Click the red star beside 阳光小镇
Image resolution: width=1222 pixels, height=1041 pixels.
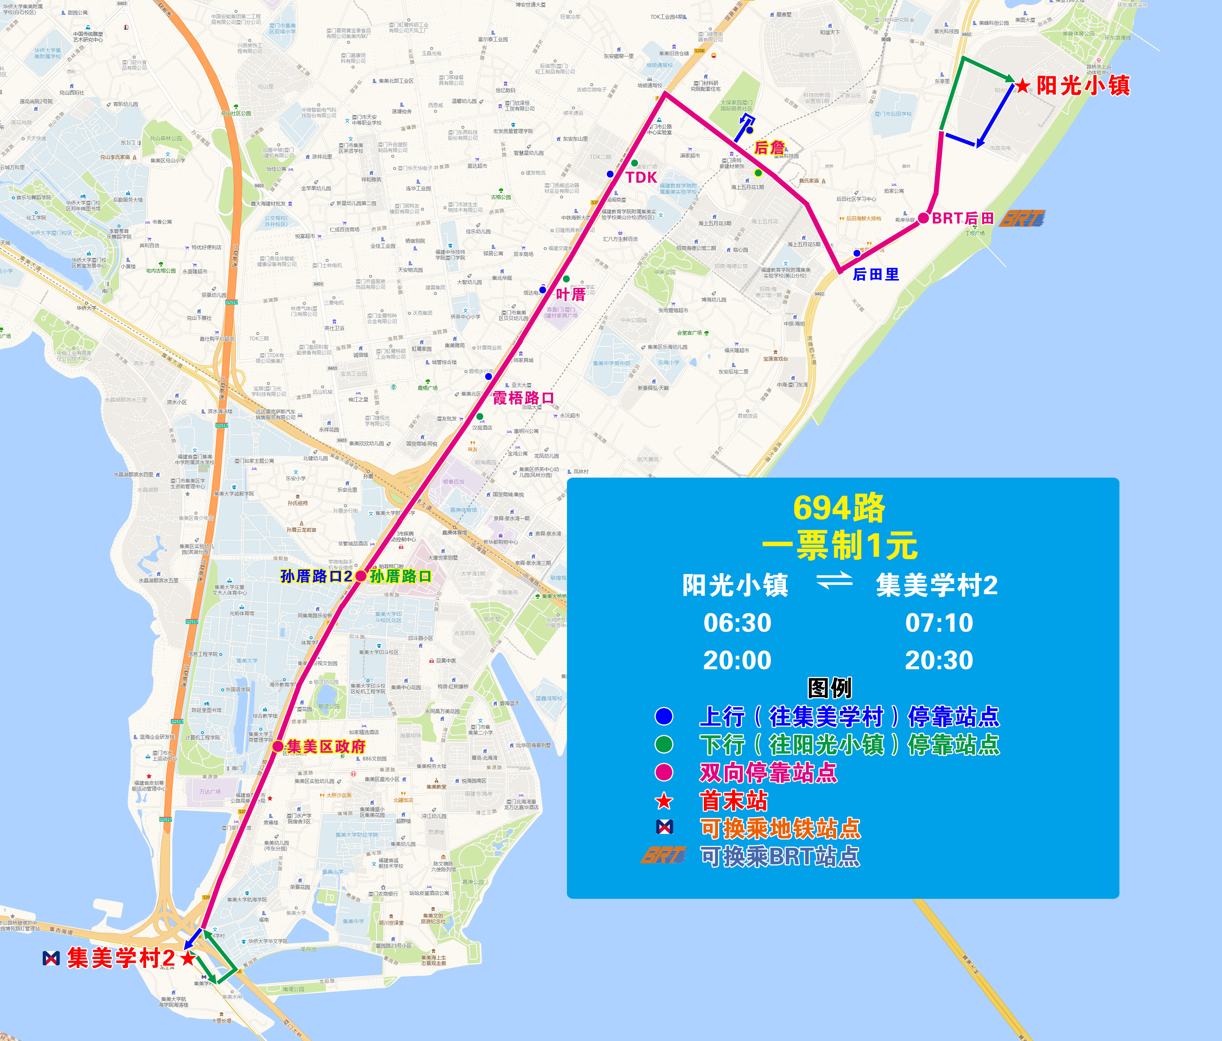point(1022,87)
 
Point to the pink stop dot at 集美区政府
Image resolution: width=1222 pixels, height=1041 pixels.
point(278,746)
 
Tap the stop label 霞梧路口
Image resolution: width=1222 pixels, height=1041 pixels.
point(523,398)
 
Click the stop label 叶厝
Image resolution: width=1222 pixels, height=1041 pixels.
point(570,294)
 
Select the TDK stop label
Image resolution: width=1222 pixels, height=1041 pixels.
point(641,177)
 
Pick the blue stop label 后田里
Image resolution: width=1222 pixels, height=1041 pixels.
point(876,274)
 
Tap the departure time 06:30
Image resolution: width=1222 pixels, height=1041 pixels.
point(737,622)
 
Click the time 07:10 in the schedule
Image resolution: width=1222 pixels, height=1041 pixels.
point(939,622)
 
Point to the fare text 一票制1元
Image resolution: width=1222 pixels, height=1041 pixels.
point(839,545)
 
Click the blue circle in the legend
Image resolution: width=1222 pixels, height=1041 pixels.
point(664,716)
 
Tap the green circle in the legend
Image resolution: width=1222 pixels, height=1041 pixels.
point(664,744)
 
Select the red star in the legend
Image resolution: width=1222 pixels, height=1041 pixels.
point(664,801)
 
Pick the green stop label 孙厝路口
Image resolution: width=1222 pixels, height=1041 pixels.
point(400,576)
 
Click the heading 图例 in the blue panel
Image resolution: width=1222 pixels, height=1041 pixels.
point(829,688)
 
